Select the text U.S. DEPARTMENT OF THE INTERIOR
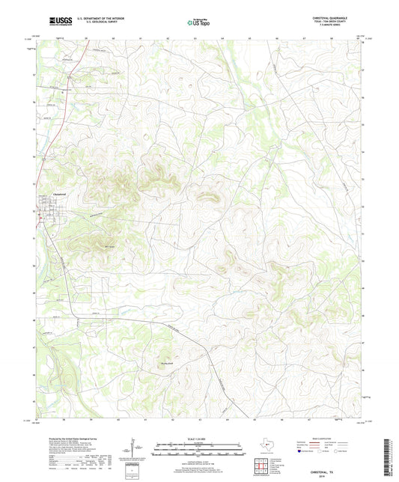click(97, 19)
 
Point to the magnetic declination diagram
click(134, 449)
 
